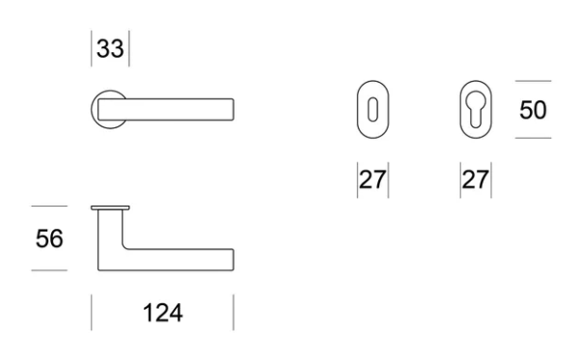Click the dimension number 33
click(x=110, y=48)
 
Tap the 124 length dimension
click(x=163, y=313)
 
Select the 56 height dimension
click(x=49, y=238)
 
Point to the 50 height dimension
click(x=533, y=110)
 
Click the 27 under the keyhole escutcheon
click(x=372, y=180)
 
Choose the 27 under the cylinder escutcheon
click(x=476, y=180)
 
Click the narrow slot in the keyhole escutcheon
click(x=372, y=110)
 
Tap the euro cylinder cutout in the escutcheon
click(x=476, y=109)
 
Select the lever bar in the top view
click(x=166, y=109)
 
